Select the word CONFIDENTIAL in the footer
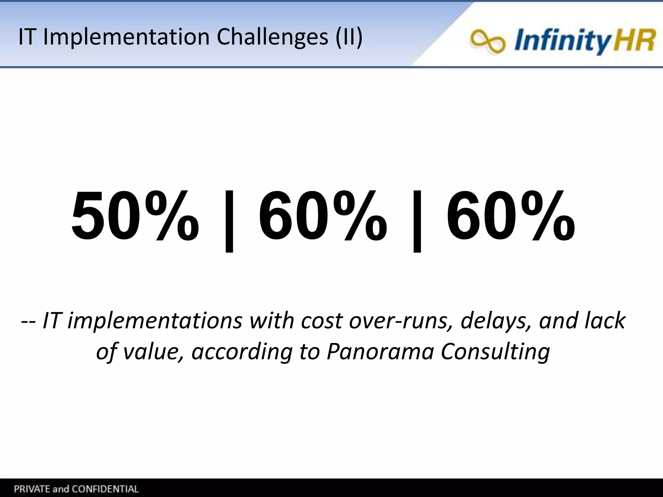click(x=105, y=489)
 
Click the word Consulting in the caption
click(x=495, y=352)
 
